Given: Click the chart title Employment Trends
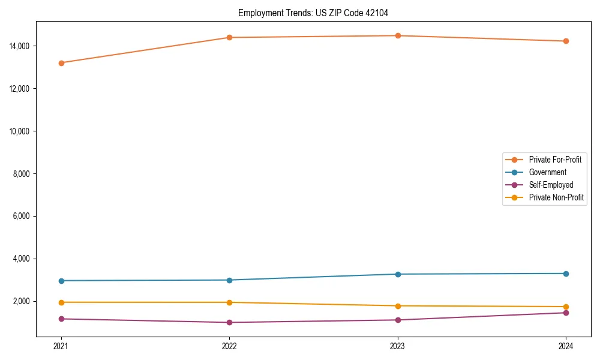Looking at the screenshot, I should (x=317, y=13).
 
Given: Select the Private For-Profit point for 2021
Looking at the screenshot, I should (x=61, y=63).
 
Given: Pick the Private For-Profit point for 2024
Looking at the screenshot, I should (x=566, y=41).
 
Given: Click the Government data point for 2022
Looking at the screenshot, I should (x=229, y=280).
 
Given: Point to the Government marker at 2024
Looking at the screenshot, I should (x=566, y=274).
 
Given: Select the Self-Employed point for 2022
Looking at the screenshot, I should (x=229, y=323).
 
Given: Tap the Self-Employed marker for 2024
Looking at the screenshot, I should (x=566, y=313).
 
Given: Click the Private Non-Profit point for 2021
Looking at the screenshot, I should (x=61, y=302).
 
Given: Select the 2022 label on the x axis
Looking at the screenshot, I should (x=229, y=346).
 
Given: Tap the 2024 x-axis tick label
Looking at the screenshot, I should (x=566, y=346).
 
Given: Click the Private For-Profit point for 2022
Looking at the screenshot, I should (x=229, y=38).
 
